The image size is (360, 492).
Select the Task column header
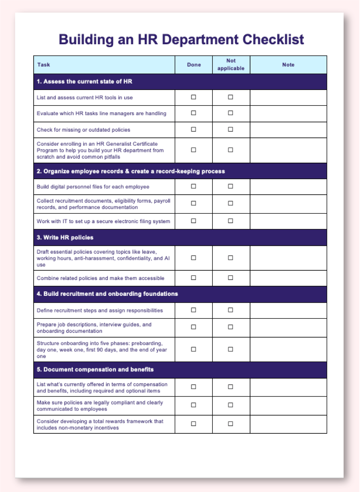(x=44, y=65)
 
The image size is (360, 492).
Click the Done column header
(x=194, y=65)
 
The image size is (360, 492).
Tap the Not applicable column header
(x=231, y=65)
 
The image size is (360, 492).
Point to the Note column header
(x=288, y=65)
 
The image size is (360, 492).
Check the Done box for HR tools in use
(x=193, y=97)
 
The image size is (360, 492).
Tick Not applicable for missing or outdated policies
(x=230, y=129)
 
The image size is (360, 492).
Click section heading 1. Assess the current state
(x=84, y=82)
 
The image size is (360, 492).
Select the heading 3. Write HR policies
(x=65, y=238)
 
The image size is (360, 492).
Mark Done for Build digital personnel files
(x=193, y=186)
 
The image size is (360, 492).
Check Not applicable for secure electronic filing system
(x=230, y=221)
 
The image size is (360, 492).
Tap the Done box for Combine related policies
(x=193, y=278)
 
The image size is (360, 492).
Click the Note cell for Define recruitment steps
(x=288, y=310)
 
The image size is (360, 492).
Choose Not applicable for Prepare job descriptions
(x=230, y=327)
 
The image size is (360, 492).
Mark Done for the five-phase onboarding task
(x=193, y=349)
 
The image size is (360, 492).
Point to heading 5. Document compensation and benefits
(x=95, y=370)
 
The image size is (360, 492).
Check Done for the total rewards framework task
(x=193, y=424)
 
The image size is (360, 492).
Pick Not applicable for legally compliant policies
(x=230, y=405)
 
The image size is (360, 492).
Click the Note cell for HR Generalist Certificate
(x=288, y=150)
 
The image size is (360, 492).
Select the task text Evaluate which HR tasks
(x=101, y=113)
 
